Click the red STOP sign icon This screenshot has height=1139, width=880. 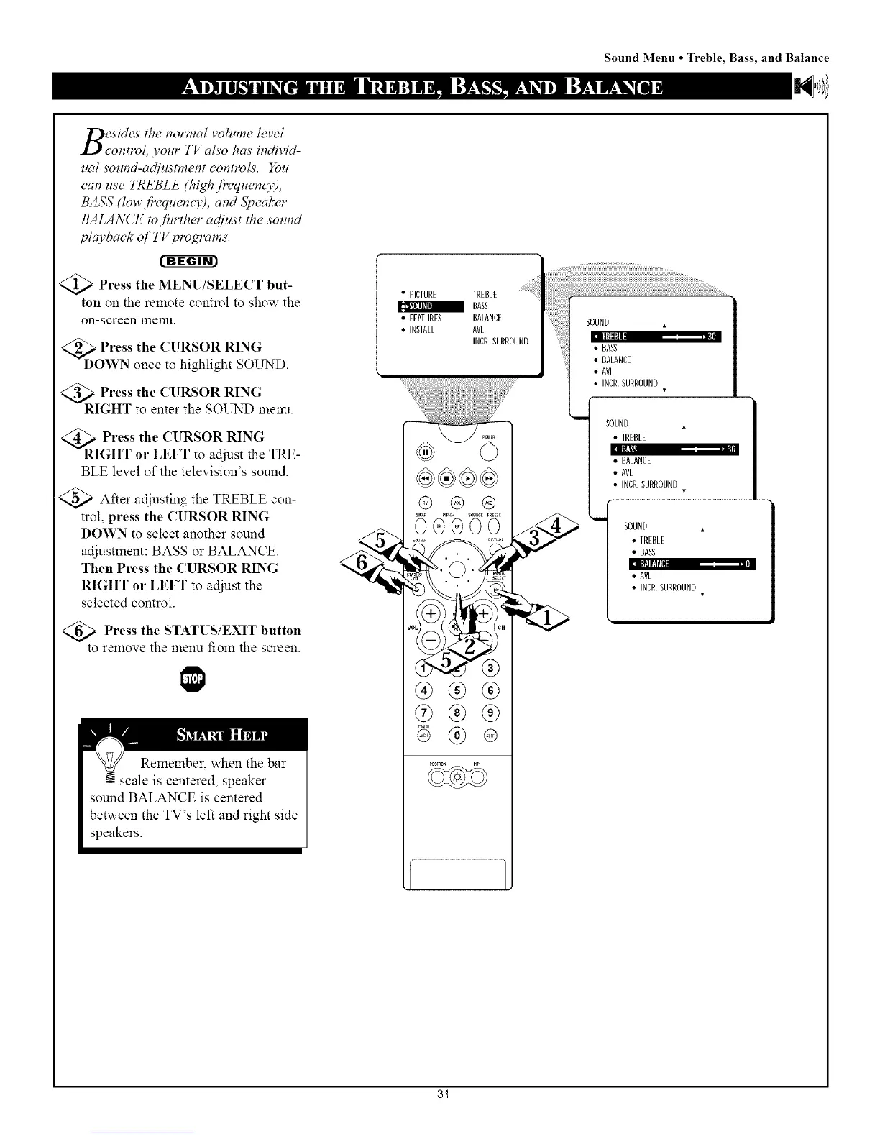pyautogui.click(x=193, y=680)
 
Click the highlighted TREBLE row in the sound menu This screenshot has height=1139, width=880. pyautogui.click(x=655, y=337)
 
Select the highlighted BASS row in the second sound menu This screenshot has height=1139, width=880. pyautogui.click(x=673, y=449)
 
